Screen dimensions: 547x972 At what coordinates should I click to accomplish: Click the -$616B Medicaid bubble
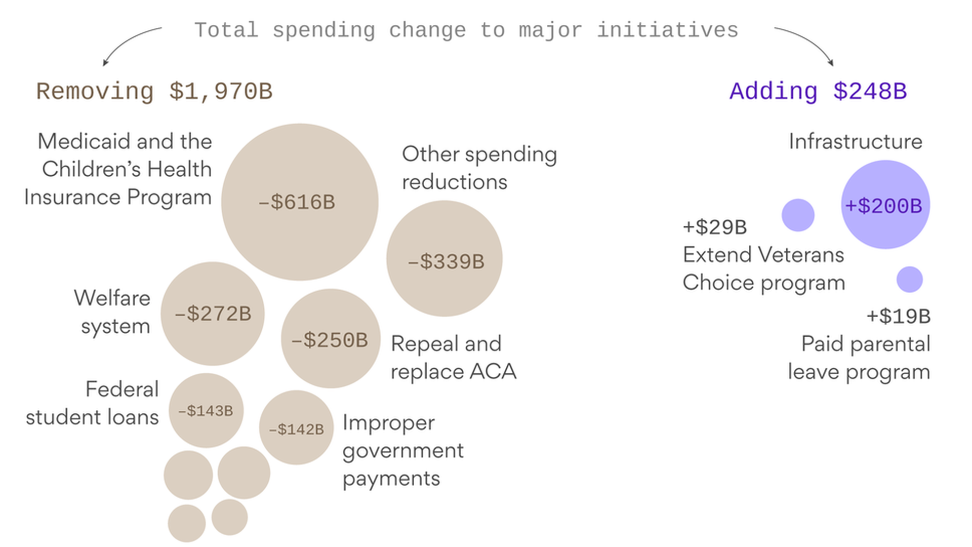click(300, 202)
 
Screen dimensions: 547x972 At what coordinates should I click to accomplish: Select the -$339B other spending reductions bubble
click(444, 259)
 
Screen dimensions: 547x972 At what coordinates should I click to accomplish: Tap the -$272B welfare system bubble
click(213, 314)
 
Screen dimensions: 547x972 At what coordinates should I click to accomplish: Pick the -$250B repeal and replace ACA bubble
click(331, 338)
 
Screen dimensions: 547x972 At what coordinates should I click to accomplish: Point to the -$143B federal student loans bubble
click(206, 410)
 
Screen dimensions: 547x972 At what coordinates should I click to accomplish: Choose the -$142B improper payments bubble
click(296, 427)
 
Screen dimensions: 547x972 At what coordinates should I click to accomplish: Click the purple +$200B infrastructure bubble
click(885, 205)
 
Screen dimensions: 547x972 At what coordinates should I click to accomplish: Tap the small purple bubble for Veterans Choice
click(798, 215)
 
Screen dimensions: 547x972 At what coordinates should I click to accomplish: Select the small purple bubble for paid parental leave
click(909, 280)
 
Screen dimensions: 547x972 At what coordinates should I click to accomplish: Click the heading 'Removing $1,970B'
click(154, 92)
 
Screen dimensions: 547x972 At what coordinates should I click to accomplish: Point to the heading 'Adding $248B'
click(818, 92)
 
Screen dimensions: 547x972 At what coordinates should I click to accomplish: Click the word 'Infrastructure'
click(855, 141)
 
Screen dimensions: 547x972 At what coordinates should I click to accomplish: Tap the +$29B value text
click(714, 227)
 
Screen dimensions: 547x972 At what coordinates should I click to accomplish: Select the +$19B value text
click(898, 317)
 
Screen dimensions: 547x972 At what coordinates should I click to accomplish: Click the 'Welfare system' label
click(112, 312)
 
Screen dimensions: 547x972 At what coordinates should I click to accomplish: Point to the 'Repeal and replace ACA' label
click(453, 358)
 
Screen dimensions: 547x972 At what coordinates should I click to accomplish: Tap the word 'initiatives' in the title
click(667, 30)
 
